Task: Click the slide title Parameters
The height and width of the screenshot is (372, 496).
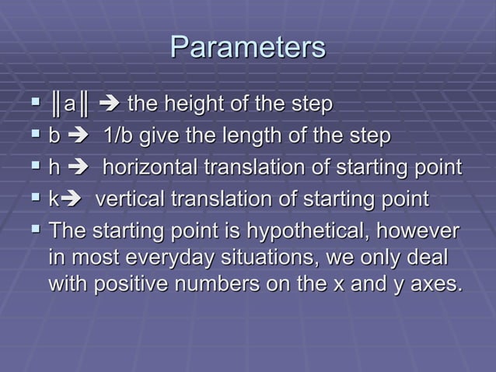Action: (x=247, y=47)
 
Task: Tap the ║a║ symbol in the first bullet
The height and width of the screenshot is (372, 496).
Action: (x=69, y=104)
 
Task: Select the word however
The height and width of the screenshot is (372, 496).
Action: (x=421, y=232)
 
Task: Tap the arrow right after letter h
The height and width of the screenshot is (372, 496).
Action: (x=81, y=169)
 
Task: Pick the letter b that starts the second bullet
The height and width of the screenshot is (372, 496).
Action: (x=54, y=136)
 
